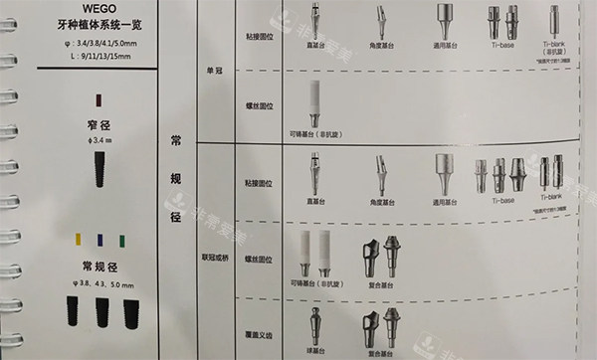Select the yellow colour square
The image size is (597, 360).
78,239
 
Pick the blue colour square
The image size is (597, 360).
99,239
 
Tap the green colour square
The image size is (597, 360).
120,239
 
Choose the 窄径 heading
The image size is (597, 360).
98,126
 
